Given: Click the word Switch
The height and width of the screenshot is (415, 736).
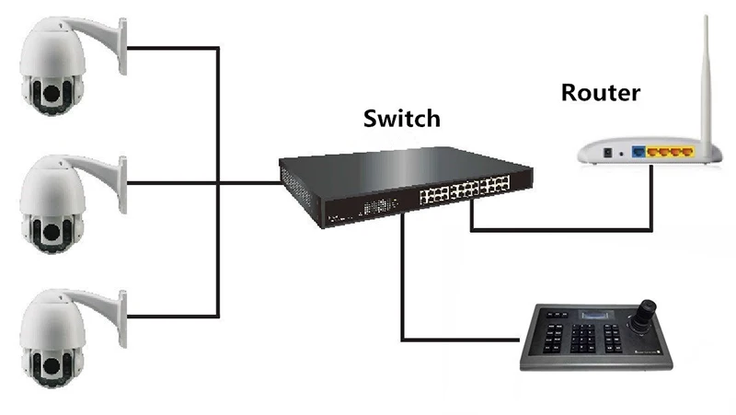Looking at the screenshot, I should click(401, 119).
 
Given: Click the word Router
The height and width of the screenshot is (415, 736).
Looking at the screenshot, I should click(600, 93).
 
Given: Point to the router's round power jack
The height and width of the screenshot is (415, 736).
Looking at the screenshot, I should click(608, 152).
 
